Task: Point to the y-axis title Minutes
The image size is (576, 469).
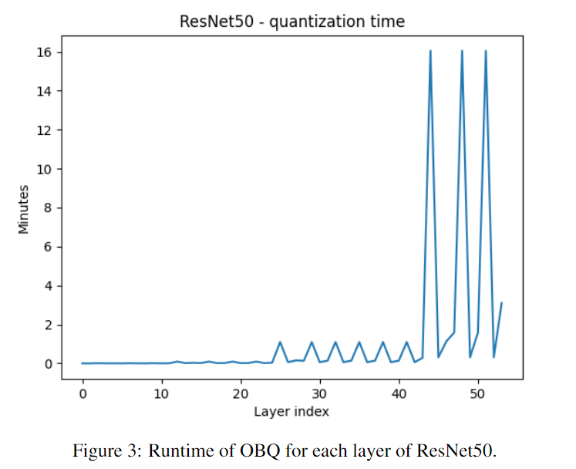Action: [24, 208]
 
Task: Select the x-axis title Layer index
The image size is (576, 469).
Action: [291, 411]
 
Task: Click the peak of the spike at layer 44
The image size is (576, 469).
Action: [430, 51]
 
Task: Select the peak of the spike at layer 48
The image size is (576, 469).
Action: [462, 51]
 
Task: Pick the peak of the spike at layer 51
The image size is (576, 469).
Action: [486, 51]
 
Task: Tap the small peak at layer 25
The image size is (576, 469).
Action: [281, 342]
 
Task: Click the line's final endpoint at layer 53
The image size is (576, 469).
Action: [502, 302]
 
